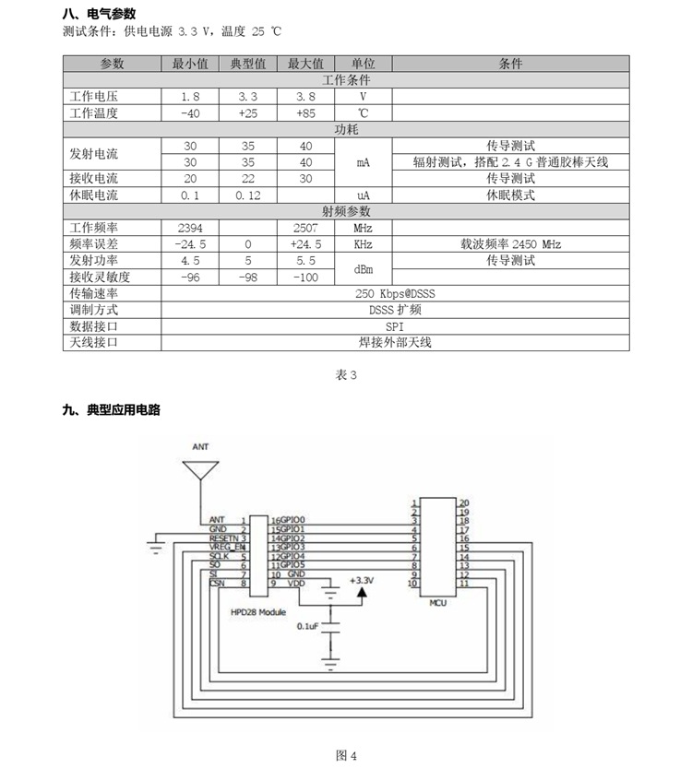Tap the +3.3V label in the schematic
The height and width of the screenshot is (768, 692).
coord(362,580)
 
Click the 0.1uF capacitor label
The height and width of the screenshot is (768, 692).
coord(307,626)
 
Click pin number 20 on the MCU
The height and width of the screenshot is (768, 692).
coord(465,502)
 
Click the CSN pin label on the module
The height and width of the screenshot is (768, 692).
coord(217,583)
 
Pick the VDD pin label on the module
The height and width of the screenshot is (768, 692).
coord(296,583)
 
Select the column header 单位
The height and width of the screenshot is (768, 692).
coord(364,64)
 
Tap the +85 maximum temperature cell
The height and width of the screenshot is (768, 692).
coord(305,113)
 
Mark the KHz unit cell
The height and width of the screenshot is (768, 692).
coord(364,244)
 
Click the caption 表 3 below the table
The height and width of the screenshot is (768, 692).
coord(345,374)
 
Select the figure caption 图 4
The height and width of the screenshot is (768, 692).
coord(345,755)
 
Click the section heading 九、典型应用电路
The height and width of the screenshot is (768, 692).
coord(111,410)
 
